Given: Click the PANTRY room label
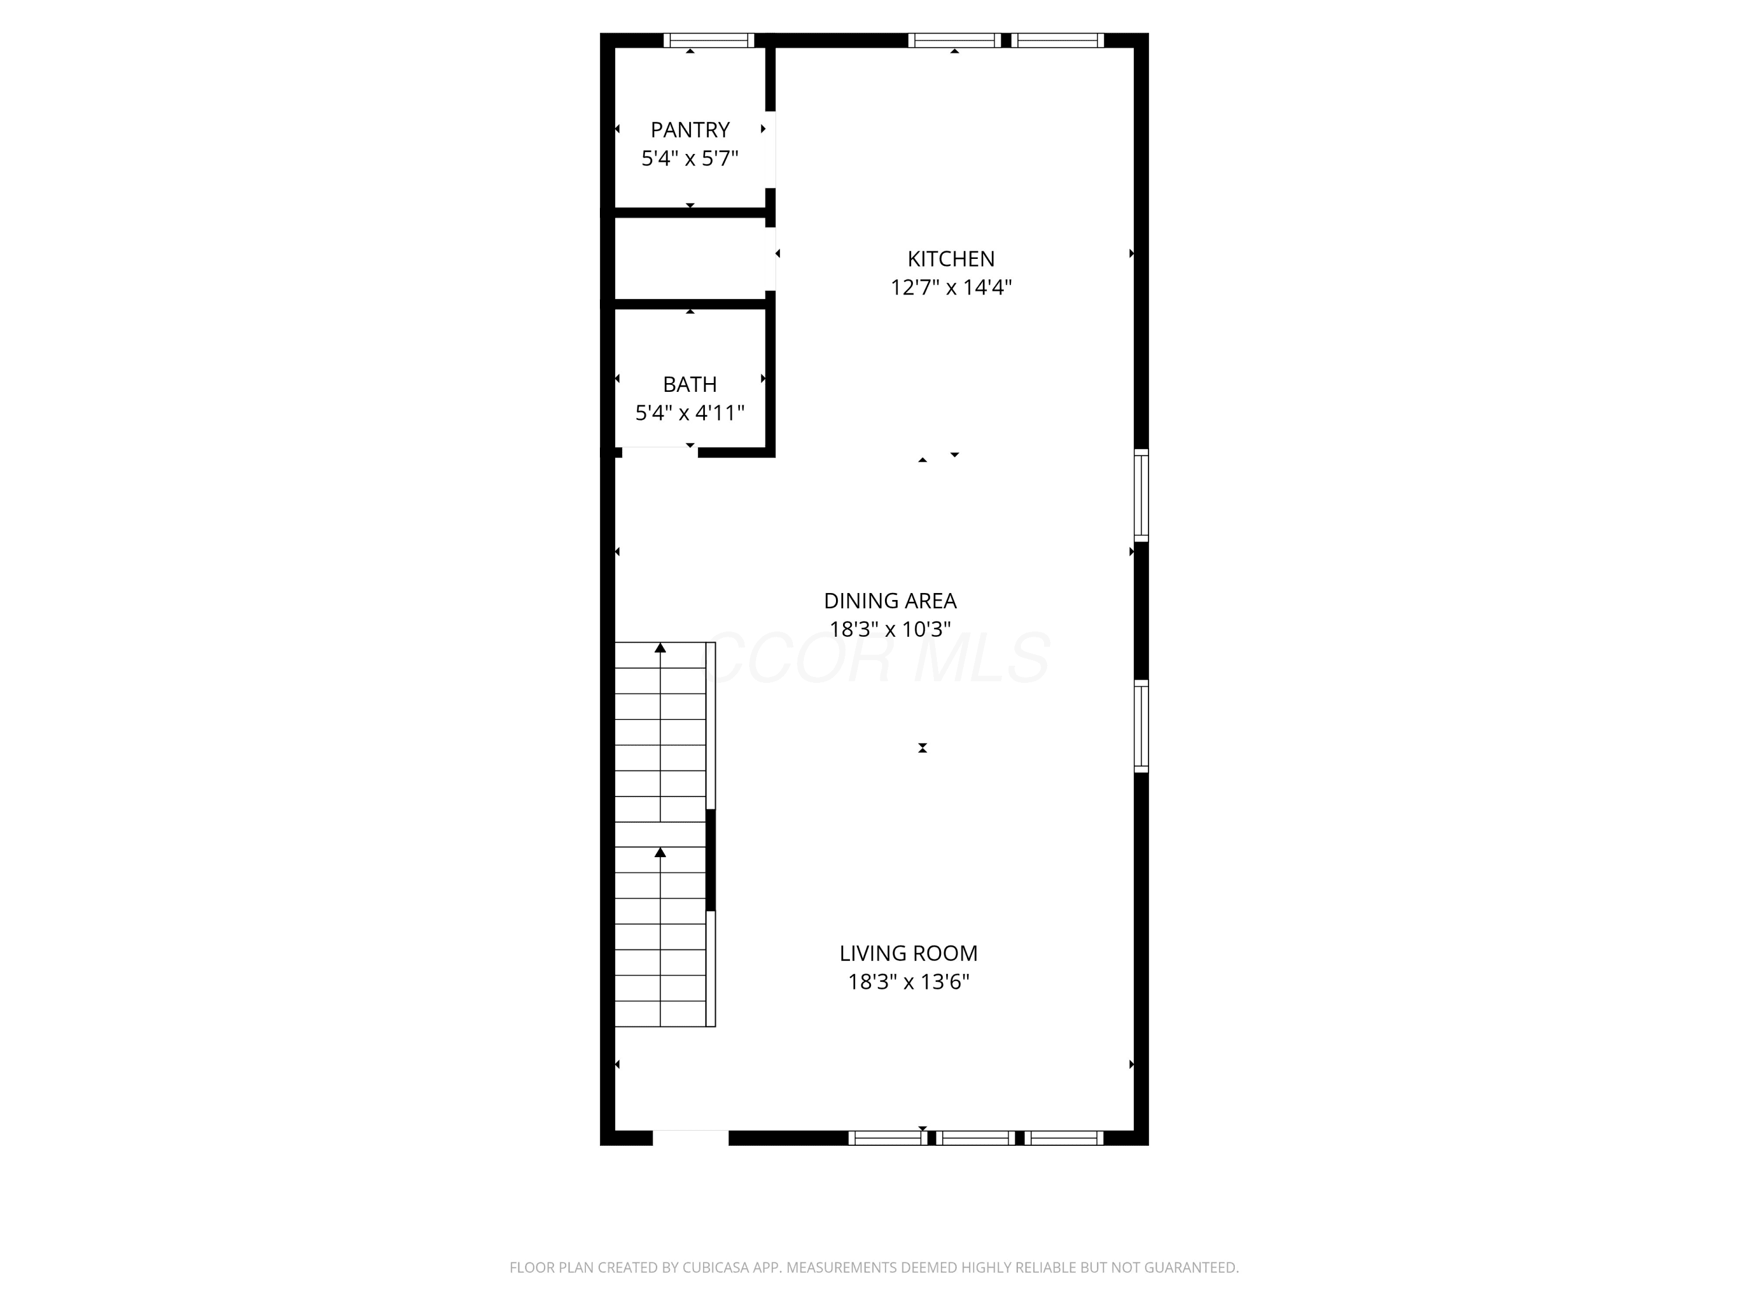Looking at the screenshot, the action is click(690, 129).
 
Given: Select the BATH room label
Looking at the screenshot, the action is click(690, 384).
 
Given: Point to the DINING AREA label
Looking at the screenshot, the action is click(890, 601).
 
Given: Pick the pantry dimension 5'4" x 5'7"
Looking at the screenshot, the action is click(690, 158).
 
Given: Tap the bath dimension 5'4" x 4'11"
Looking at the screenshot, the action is click(690, 413).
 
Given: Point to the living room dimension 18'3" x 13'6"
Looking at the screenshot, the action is click(908, 982).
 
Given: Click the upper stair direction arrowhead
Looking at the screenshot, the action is click(660, 648).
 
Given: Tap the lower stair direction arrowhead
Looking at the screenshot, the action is click(660, 853).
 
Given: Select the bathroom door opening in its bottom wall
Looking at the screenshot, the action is click(660, 452).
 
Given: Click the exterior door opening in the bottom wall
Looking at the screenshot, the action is click(690, 1138).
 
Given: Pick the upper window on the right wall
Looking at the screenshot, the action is click(1141, 495).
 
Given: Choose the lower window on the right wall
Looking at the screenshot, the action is click(1141, 726).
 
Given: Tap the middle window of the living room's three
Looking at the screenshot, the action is click(976, 1138).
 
